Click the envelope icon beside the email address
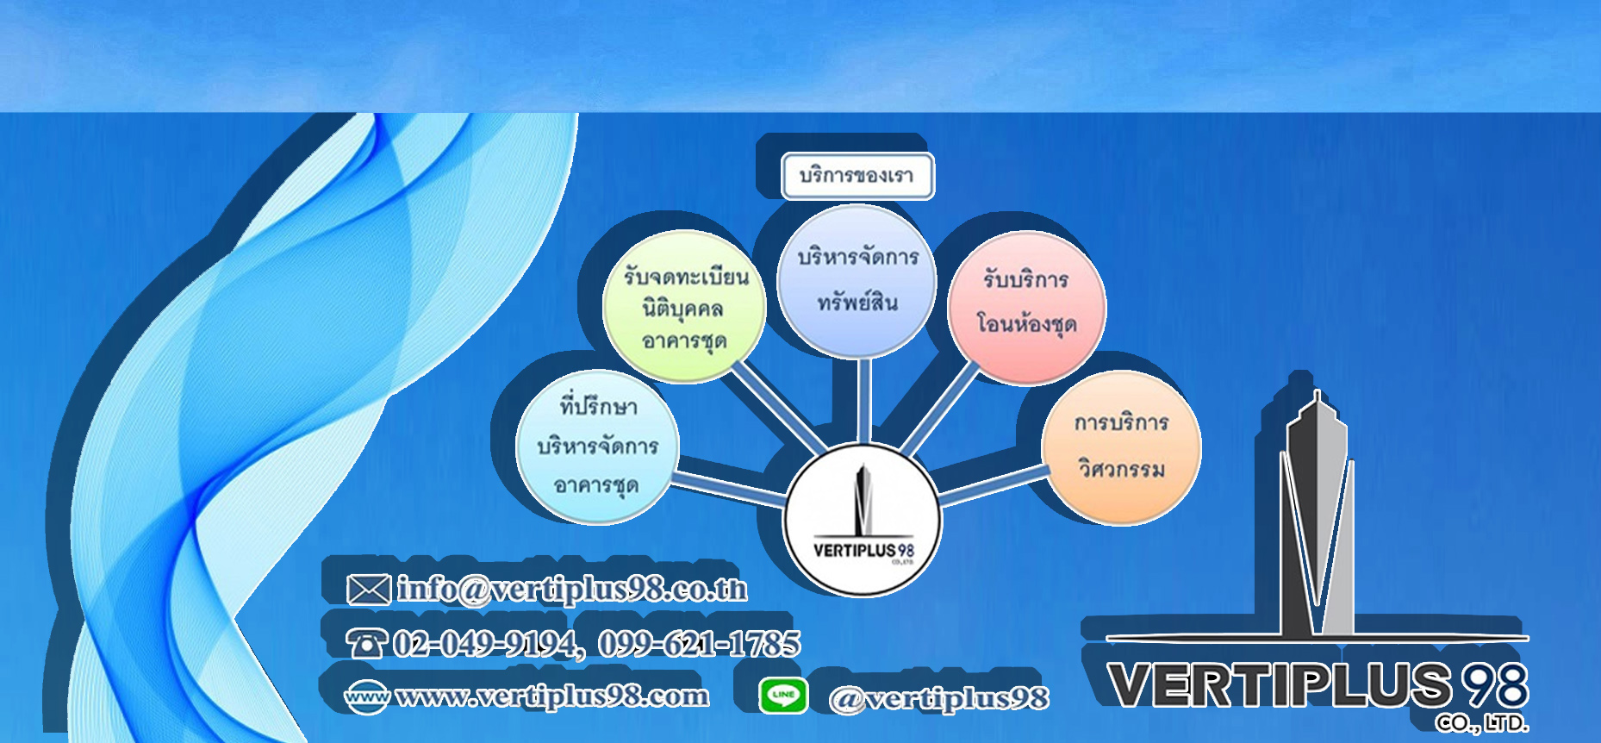368,590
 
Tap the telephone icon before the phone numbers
366,643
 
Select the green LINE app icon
783,696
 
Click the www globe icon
366,696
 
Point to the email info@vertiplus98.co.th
571,590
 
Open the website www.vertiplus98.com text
552,696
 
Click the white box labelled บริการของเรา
857,176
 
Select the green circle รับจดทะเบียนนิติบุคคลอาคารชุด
685,307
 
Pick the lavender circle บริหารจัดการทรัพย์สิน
857,281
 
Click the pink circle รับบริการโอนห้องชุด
1026,308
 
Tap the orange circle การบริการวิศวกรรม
1121,447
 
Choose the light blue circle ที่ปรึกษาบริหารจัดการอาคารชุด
597,446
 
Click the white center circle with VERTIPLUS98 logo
863,520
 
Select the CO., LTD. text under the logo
1482,723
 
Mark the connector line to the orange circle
991,485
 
